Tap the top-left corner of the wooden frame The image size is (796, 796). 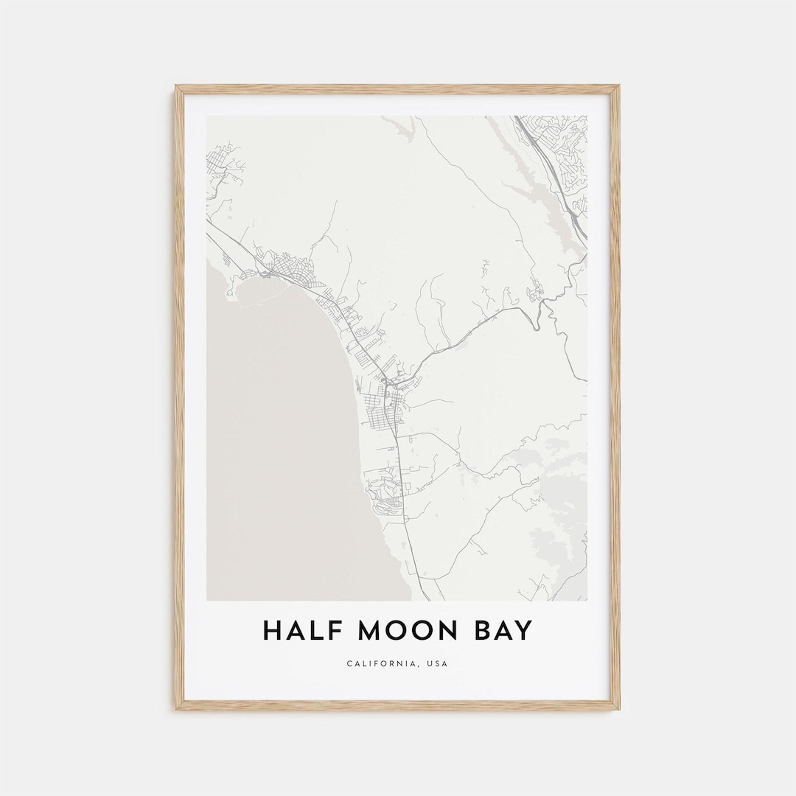pos(176,87)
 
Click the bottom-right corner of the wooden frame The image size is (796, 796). pos(618,708)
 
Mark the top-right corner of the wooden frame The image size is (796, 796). pos(618,87)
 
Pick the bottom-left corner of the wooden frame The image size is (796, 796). pos(176,708)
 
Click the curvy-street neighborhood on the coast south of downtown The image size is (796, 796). pos(387,490)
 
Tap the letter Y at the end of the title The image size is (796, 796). pos(521,631)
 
